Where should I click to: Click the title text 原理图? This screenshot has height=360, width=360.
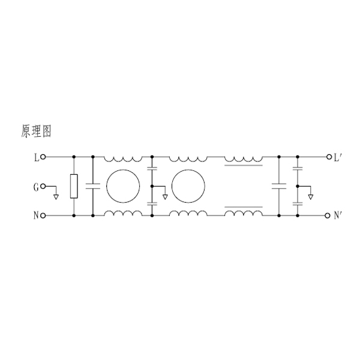(x=36, y=131)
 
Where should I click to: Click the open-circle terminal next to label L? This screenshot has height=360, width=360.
(x=43, y=157)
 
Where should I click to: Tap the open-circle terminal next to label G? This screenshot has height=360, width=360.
(x=43, y=187)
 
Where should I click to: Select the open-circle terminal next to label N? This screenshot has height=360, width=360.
(x=43, y=215)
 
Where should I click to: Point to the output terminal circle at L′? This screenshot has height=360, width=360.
(x=329, y=157)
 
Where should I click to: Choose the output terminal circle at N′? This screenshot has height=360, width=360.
(x=328, y=215)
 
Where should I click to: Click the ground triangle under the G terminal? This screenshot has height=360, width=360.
(x=56, y=197)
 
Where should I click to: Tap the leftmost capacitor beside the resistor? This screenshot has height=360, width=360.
(x=93, y=186)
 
